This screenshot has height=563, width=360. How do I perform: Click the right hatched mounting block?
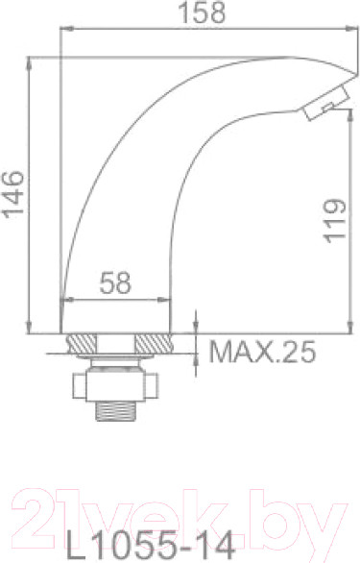[152, 343]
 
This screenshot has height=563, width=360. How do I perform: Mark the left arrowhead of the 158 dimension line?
[64, 26]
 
